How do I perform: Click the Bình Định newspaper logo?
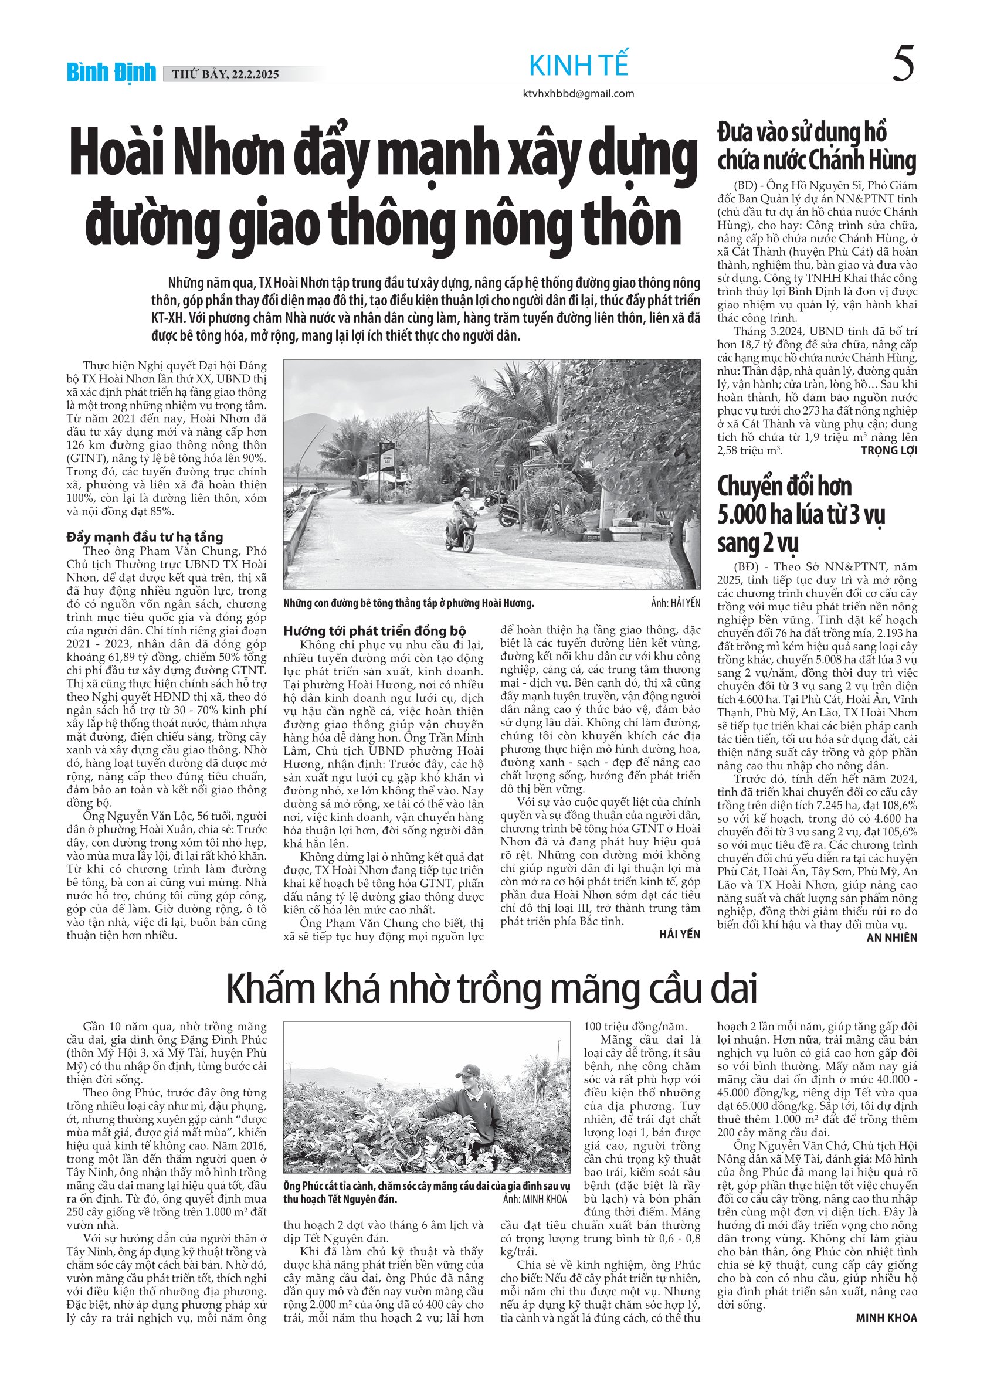tap(111, 73)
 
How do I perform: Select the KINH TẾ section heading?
tap(578, 66)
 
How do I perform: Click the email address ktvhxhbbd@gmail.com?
tap(578, 94)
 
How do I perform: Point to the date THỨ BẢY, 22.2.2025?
tap(226, 75)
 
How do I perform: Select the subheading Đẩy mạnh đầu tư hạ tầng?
tap(145, 537)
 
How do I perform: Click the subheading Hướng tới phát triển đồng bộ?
tap(375, 630)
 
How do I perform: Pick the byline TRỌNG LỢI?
tap(888, 450)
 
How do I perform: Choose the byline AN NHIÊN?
tap(891, 938)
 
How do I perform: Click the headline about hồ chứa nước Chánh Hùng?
tap(816, 147)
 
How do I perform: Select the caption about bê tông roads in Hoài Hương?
tap(408, 603)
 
